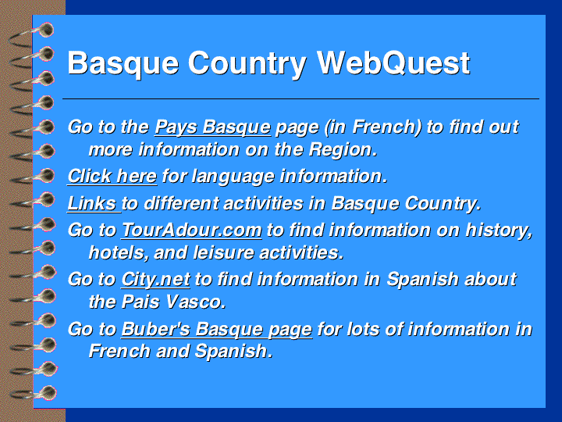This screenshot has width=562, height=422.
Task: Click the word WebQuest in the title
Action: click(x=393, y=63)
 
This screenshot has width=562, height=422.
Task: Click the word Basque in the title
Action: click(x=123, y=64)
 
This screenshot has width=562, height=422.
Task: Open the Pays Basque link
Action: click(x=213, y=127)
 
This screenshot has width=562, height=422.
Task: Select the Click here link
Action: click(x=112, y=177)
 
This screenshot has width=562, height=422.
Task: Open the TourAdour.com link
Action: click(x=191, y=230)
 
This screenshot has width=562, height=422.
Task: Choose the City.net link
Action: click(x=155, y=280)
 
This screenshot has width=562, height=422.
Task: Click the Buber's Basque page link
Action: click(x=216, y=330)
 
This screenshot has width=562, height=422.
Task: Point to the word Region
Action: click(x=343, y=150)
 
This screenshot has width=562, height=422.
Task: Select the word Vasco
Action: click(x=196, y=302)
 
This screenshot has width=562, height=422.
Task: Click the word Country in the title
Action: click(x=247, y=64)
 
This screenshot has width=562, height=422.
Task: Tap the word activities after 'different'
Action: click(x=263, y=203)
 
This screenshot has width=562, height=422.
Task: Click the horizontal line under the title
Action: click(x=301, y=98)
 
